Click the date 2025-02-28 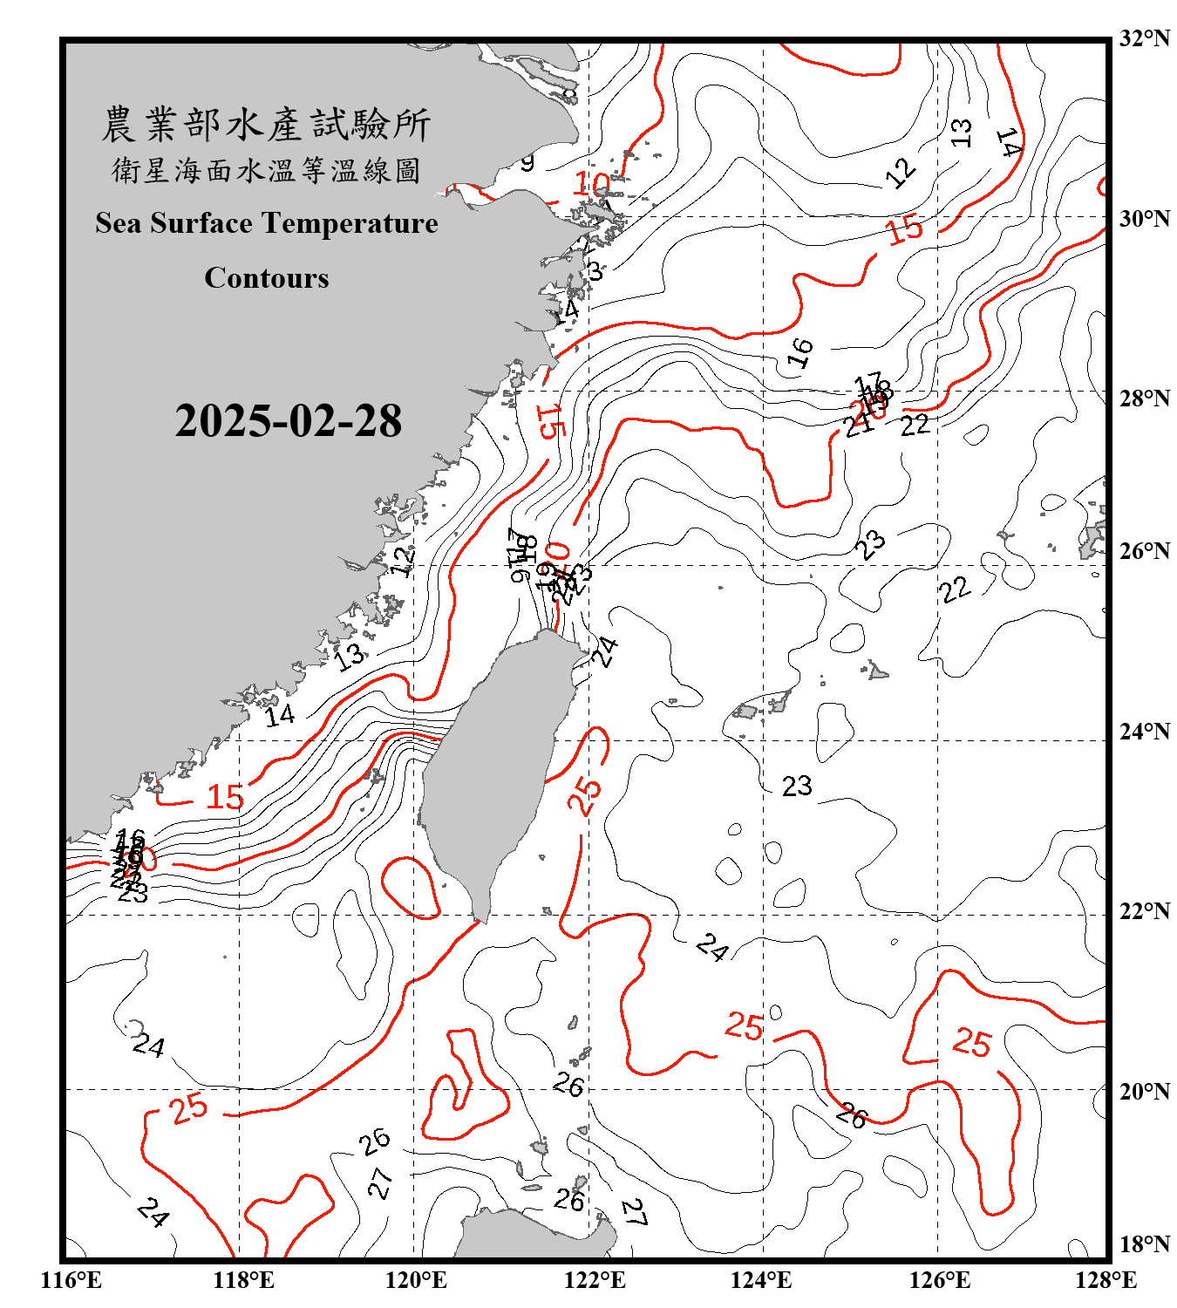tap(288, 421)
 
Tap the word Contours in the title tap(267, 278)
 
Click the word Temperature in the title tap(348, 223)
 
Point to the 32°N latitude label tap(1144, 38)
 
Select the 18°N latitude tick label tap(1144, 1244)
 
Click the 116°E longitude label tap(71, 1280)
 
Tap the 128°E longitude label tap(1106, 1280)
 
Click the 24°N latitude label tap(1144, 732)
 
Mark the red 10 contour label tap(592, 184)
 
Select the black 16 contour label tap(799, 352)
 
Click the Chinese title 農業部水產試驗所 tap(266, 125)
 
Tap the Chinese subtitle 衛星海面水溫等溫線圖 tap(266, 171)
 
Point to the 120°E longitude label tap(416, 1280)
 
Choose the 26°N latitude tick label tap(1144, 551)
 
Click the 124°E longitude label tap(761, 1280)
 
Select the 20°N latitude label tap(1144, 1091)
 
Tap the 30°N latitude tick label tap(1144, 218)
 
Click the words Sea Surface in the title tap(173, 223)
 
